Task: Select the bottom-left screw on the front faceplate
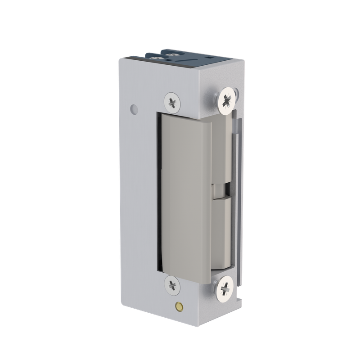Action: point(172,284)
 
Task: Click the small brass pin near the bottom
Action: point(180,306)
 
